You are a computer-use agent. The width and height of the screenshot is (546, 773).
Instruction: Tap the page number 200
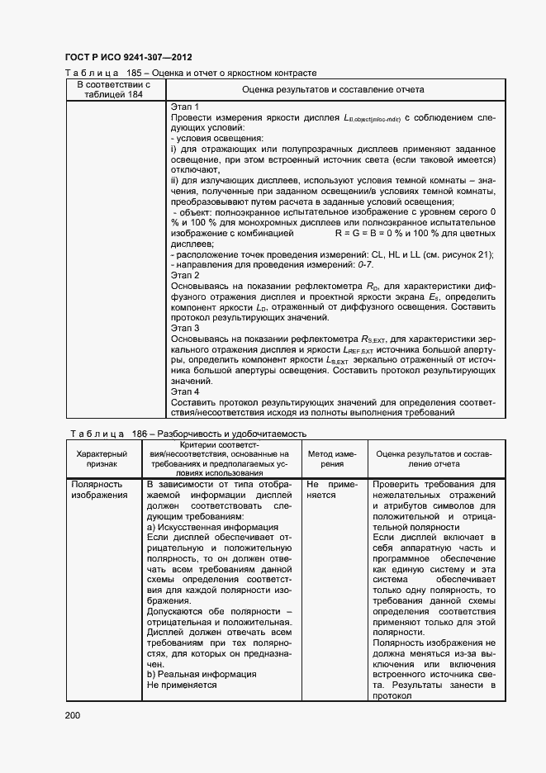point(73,714)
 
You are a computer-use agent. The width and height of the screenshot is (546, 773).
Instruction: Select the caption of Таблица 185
point(191,74)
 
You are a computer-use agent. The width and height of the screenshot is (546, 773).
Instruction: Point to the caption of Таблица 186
point(186,434)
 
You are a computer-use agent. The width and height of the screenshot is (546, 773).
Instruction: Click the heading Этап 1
point(185,107)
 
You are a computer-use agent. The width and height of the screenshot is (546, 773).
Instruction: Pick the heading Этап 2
point(185,275)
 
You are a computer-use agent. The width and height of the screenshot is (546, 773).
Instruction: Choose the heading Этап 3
point(185,328)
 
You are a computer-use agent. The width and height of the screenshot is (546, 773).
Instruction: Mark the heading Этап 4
point(185,391)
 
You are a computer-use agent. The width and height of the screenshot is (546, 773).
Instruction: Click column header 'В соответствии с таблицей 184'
point(113,89)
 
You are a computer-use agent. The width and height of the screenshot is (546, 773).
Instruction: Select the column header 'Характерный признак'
point(102,459)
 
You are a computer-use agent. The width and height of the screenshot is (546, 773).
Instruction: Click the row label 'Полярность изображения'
point(99,490)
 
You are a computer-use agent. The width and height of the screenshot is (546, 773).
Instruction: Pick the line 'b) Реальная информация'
point(201,674)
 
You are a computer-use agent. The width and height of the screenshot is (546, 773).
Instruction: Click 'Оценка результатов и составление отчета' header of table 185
point(333,89)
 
